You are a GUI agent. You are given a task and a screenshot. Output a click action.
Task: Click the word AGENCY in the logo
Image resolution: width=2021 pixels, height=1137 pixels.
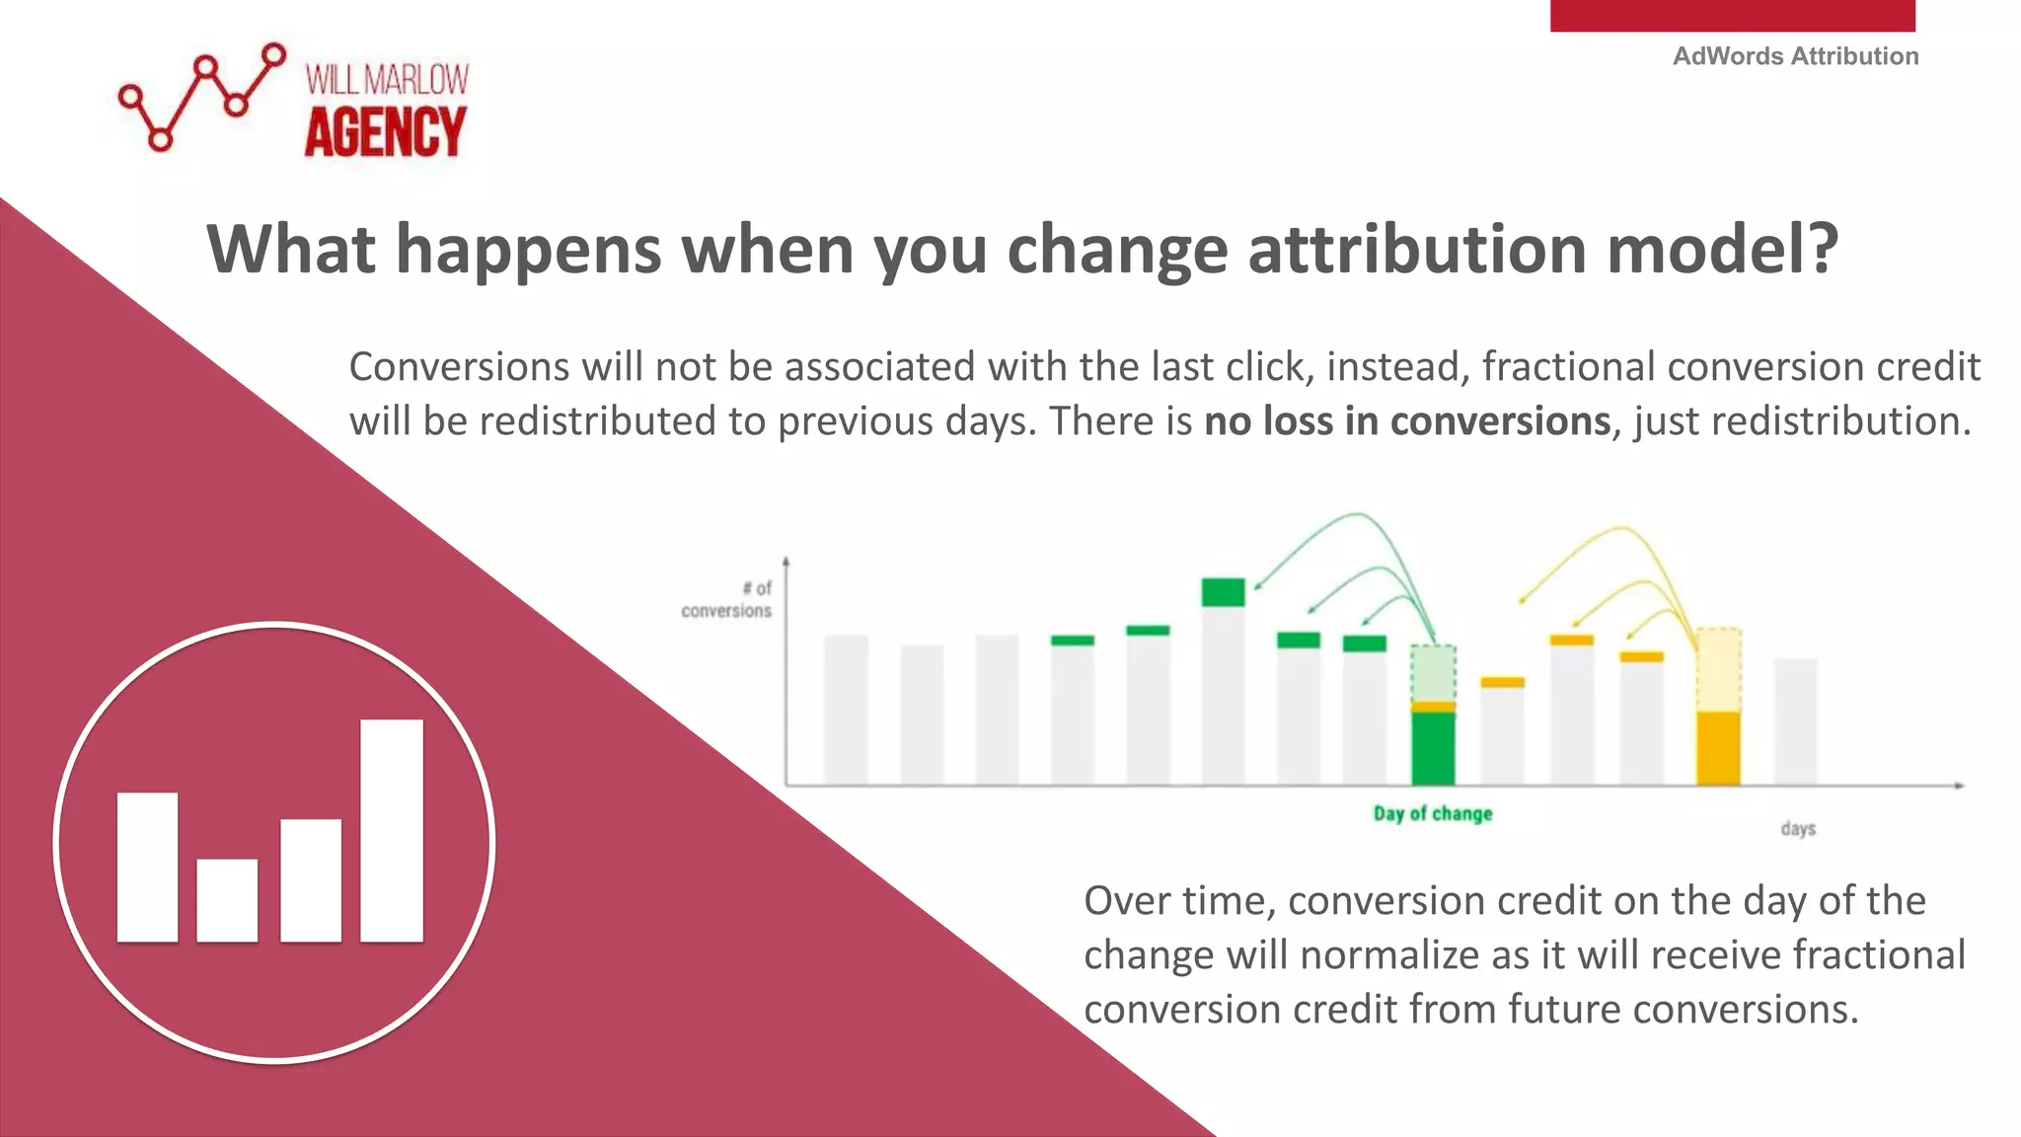(x=385, y=132)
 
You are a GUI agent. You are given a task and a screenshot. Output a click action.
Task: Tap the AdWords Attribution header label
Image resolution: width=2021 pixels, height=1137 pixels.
(x=1795, y=56)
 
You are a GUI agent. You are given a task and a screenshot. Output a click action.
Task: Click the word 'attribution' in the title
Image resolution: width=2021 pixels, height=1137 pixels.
(x=1417, y=249)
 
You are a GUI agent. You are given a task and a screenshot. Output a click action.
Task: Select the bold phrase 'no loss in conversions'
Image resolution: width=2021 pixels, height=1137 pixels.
(x=1407, y=421)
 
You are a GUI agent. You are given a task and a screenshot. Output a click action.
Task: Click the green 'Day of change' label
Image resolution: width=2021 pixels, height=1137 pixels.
(x=1433, y=813)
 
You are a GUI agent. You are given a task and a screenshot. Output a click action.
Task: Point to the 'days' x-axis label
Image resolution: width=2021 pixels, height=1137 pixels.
(x=1798, y=828)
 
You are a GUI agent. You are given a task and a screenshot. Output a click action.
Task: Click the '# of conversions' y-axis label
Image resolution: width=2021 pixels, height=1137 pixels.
(x=728, y=599)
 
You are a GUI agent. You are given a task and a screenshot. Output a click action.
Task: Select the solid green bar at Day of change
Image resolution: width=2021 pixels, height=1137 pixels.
(x=1433, y=748)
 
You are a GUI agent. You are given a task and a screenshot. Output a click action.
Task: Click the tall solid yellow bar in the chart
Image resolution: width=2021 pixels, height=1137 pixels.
(x=1718, y=748)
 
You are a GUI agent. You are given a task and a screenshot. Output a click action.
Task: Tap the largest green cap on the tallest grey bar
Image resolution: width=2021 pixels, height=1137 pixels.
(x=1223, y=592)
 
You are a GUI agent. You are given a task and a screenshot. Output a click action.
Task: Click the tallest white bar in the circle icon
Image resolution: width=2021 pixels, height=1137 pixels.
(x=392, y=830)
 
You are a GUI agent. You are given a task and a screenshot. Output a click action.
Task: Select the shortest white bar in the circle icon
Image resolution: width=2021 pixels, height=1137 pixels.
(x=227, y=899)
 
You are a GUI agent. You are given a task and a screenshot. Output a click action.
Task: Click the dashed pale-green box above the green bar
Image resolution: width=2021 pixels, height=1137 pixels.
(x=1433, y=673)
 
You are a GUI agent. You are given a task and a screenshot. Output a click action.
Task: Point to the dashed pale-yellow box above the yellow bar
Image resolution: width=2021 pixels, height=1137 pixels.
(x=1718, y=669)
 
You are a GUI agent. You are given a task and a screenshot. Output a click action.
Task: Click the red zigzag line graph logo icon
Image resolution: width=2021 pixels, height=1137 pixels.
(x=201, y=97)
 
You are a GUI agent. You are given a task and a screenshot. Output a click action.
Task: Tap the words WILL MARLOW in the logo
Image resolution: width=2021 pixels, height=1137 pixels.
(x=387, y=80)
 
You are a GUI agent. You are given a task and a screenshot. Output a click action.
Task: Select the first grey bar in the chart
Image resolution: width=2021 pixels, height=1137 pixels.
(x=846, y=710)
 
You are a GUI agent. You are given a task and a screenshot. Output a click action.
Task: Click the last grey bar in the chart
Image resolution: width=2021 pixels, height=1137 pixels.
(x=1795, y=721)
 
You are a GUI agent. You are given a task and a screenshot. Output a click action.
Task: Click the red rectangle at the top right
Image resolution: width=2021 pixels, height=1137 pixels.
(x=1732, y=15)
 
